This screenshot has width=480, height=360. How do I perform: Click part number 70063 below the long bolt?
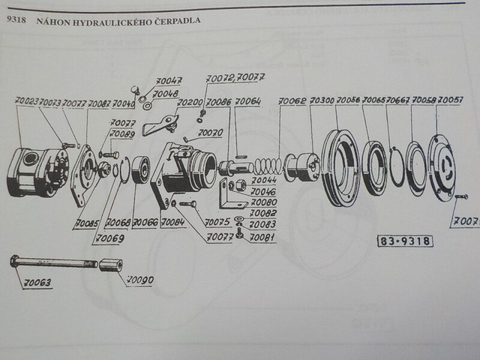[38, 282]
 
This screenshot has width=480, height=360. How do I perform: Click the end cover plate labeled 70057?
[444, 168]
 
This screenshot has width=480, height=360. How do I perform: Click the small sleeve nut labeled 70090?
[110, 264]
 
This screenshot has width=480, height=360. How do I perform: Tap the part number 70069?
[107, 238]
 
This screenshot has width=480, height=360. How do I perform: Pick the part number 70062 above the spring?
[292, 101]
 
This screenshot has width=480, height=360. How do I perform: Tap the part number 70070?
[210, 132]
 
